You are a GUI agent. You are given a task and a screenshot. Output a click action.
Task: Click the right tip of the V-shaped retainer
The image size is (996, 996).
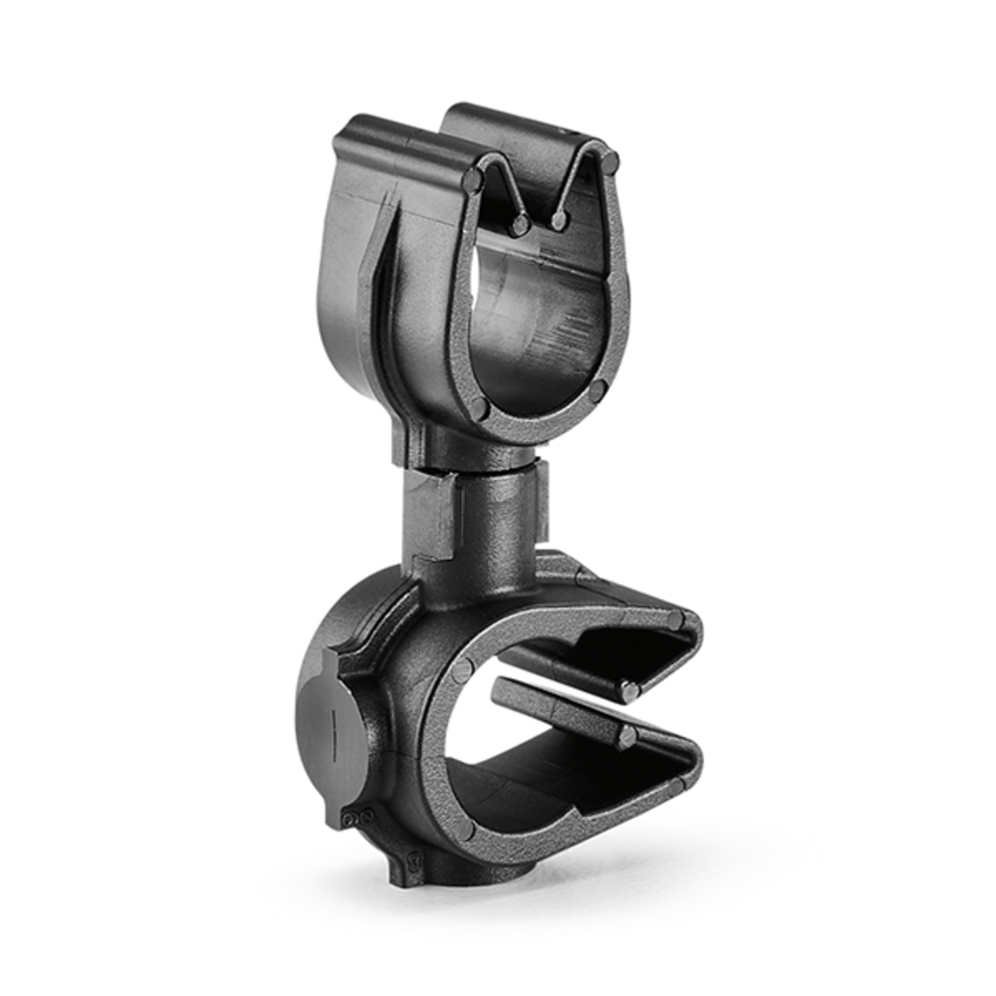(560, 219)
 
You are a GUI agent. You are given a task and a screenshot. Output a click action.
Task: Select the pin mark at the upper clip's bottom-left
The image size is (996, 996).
(479, 407)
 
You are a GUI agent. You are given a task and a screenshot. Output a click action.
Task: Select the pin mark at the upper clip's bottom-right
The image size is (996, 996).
(598, 391)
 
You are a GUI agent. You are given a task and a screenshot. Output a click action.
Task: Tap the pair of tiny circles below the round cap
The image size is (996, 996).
(355, 819)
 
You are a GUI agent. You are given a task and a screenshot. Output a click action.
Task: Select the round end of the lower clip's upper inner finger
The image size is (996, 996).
(627, 688)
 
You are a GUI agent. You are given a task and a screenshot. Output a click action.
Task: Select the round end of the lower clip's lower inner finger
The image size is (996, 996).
(625, 737)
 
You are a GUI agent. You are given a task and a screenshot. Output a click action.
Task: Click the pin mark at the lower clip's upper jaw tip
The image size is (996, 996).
(676, 622)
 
